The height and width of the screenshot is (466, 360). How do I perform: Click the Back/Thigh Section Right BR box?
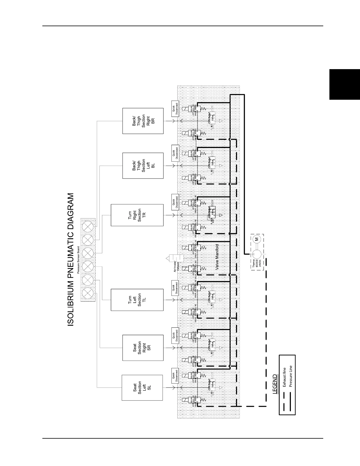coord(143,121)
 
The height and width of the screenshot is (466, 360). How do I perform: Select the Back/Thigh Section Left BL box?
coord(143,165)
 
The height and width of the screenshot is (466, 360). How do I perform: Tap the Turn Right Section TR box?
coord(137,215)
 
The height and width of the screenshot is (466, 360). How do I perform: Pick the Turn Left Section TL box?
coord(137,299)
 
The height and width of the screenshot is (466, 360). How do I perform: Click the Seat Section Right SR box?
coord(143,348)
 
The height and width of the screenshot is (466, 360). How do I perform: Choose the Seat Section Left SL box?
coord(142,387)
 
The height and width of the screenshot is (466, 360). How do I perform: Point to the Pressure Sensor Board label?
coord(78,260)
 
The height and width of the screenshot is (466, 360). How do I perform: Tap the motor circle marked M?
coord(256,239)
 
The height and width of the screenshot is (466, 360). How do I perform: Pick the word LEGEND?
coord(274,384)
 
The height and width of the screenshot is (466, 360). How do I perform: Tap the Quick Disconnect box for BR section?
coord(175,108)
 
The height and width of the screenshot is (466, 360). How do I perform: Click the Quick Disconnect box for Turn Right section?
coord(175,202)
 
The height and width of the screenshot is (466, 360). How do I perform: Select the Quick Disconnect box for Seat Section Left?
coord(175,376)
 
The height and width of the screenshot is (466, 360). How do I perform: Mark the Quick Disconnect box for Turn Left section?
coord(175,287)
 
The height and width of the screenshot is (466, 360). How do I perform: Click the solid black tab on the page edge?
coord(344,84)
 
